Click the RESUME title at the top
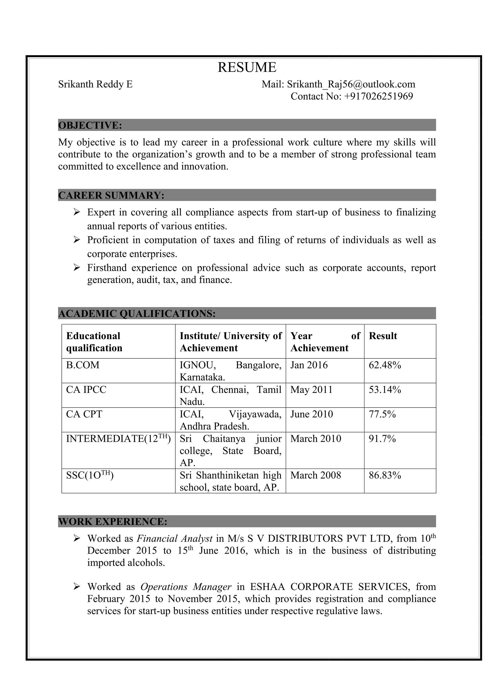(247, 67)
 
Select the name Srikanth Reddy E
(95, 84)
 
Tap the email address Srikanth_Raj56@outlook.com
(351, 84)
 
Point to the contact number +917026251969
(378, 96)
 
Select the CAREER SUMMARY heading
(111, 195)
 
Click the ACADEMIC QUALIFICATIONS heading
(137, 313)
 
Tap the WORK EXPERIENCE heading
(113, 522)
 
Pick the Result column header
(383, 336)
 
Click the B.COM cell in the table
(83, 365)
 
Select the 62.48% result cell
(385, 365)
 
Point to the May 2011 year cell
(311, 390)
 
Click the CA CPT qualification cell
(84, 414)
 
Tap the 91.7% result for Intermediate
(382, 439)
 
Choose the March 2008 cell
(316, 475)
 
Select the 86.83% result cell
(385, 475)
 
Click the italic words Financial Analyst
(175, 539)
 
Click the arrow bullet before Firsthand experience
(77, 268)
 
